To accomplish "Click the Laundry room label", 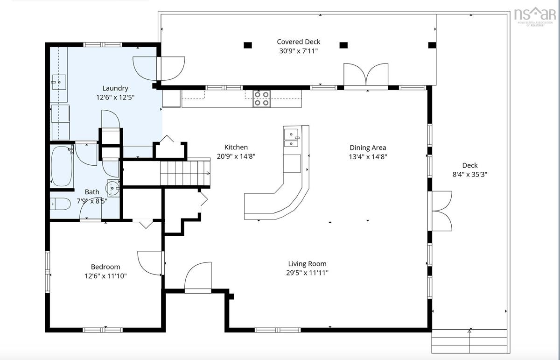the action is click(x=115, y=88).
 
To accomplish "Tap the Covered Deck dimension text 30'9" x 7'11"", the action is click(x=299, y=51).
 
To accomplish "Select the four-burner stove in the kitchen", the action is click(x=261, y=99).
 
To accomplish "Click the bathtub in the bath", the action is click(x=62, y=166).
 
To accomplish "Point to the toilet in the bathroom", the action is click(x=60, y=204).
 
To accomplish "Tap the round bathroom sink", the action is click(x=113, y=188).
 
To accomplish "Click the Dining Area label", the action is click(x=368, y=148).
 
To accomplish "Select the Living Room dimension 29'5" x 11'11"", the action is click(x=307, y=273).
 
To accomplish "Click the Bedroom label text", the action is click(x=105, y=267).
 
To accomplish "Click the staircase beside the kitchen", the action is click(x=185, y=173).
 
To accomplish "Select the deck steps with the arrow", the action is click(x=469, y=341).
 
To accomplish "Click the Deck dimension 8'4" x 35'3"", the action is click(x=470, y=174).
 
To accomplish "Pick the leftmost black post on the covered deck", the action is click(x=248, y=45).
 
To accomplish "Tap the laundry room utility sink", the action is click(x=59, y=82).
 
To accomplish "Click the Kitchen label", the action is click(x=236, y=147).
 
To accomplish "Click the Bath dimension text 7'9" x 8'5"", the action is click(x=92, y=201).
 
